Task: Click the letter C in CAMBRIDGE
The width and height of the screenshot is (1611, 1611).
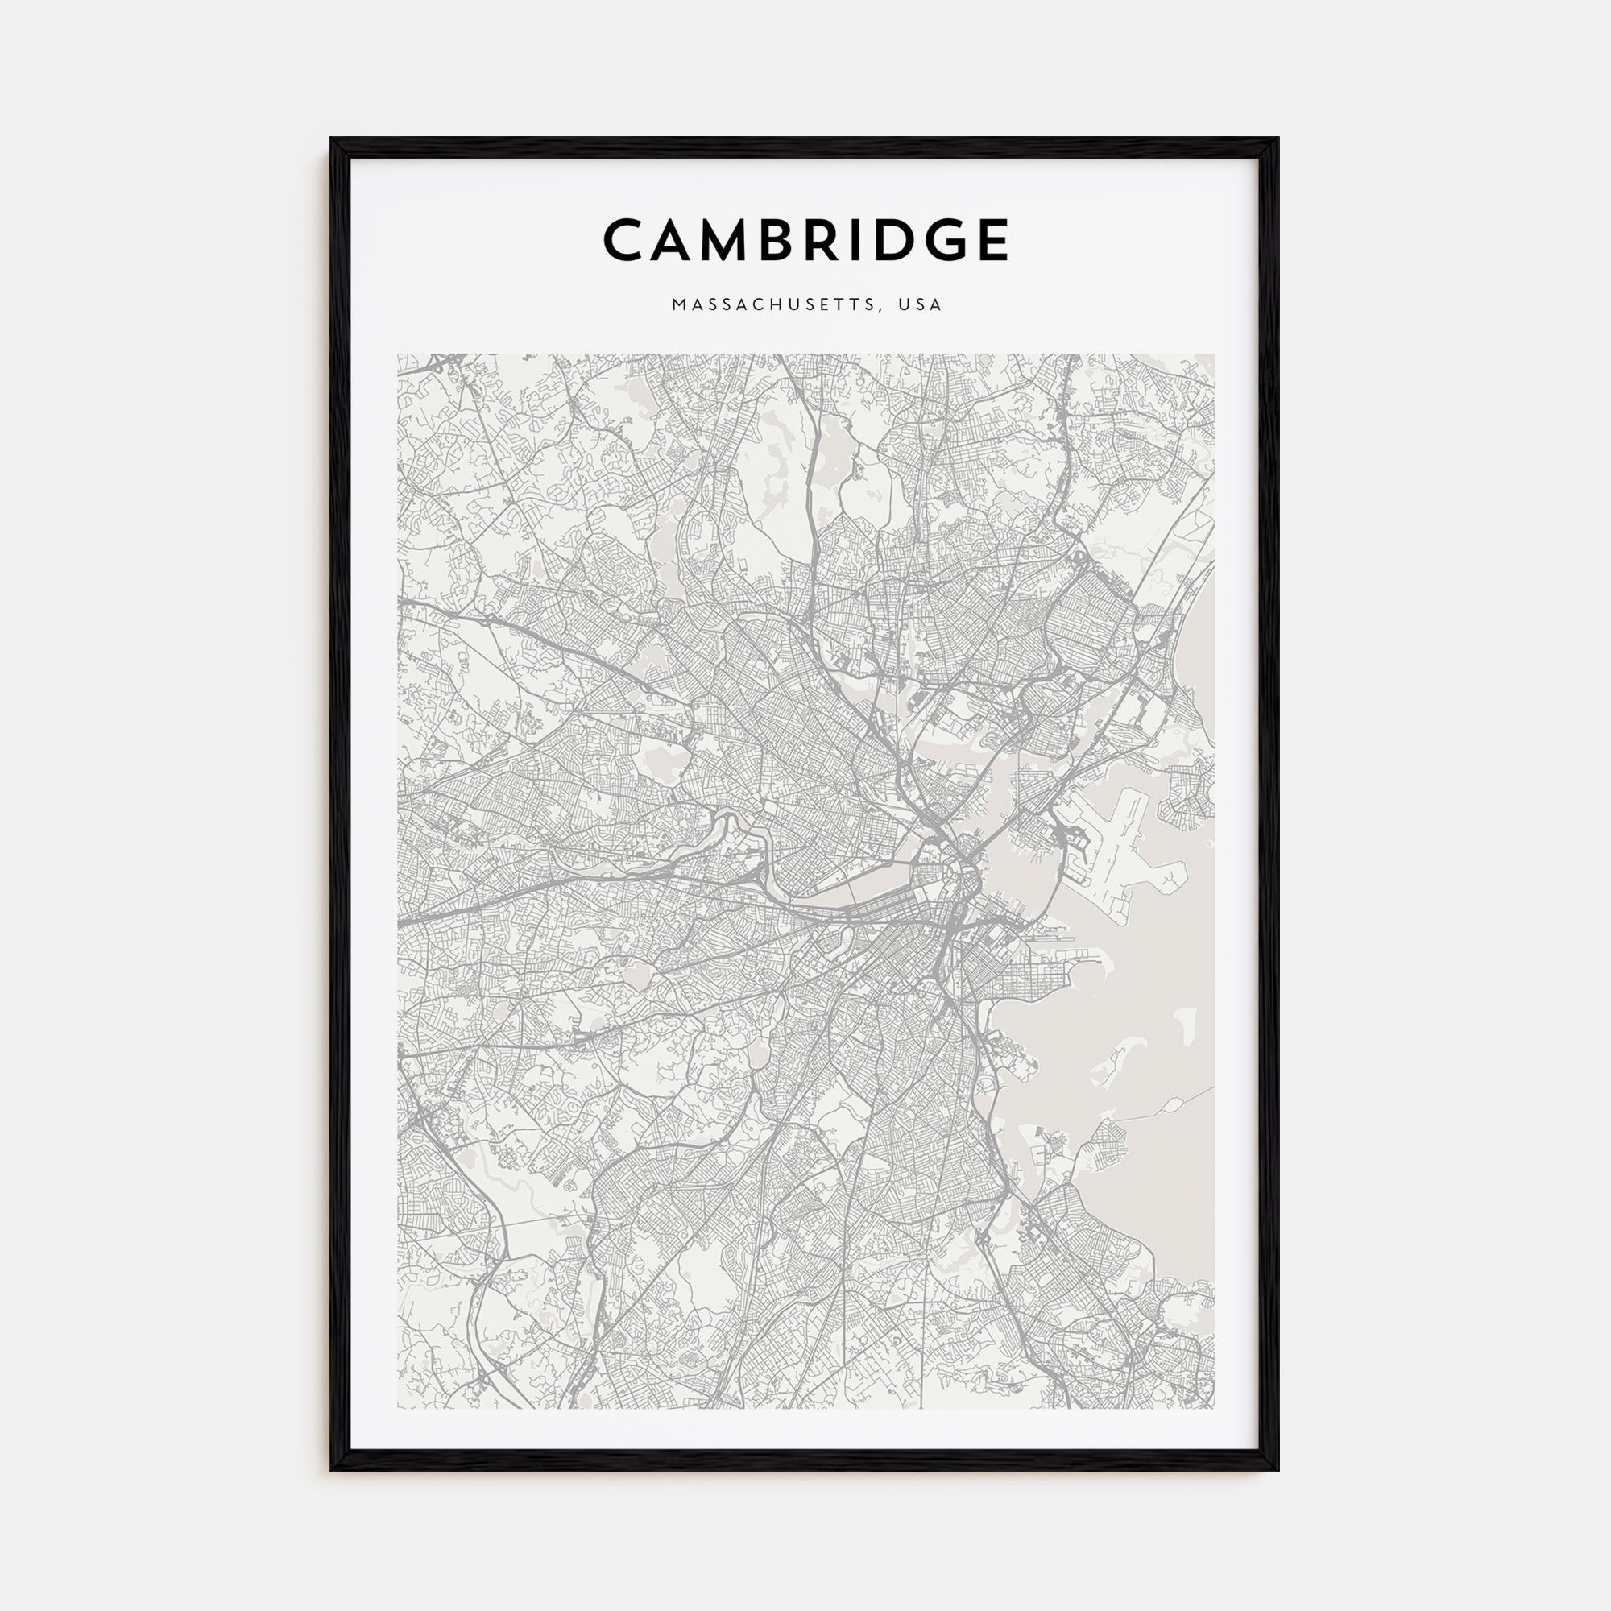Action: click(x=626, y=240)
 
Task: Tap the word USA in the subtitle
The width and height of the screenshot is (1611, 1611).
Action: click(x=921, y=305)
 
